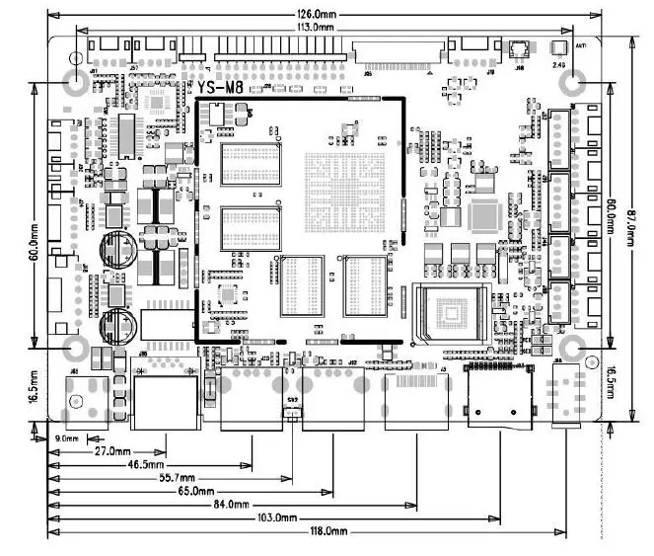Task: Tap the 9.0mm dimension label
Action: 67,437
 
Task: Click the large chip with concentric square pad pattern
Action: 453,314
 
